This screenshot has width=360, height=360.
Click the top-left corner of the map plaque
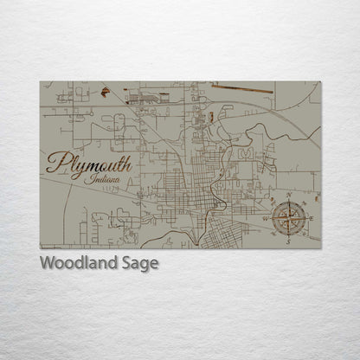coord(41,82)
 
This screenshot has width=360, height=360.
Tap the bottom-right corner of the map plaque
coord(319,248)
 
